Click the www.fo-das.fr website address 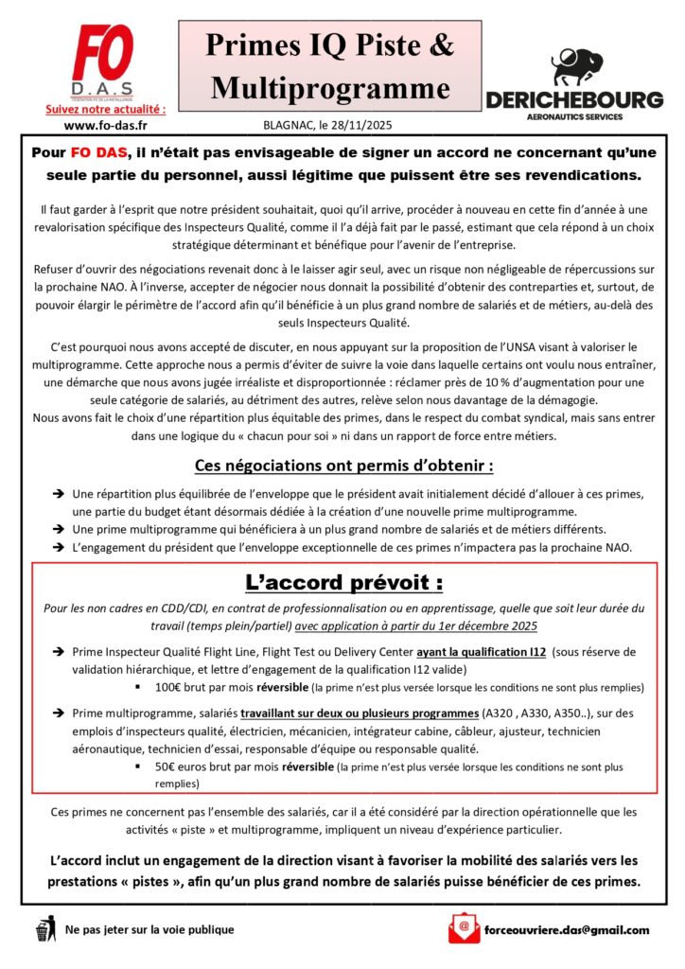click(x=98, y=125)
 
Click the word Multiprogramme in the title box click(x=329, y=88)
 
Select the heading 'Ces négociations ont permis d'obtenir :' click(x=343, y=466)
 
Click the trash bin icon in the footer click(x=44, y=929)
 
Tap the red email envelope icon click(x=463, y=928)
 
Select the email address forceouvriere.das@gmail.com click(x=566, y=929)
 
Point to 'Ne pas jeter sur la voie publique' click(x=149, y=929)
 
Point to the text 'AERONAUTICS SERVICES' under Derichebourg click(x=574, y=116)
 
